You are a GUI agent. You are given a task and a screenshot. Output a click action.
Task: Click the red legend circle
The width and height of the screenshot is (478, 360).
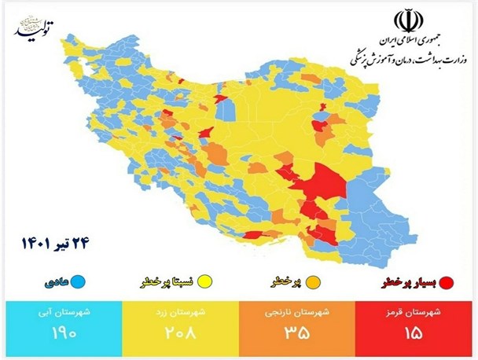(447, 281)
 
